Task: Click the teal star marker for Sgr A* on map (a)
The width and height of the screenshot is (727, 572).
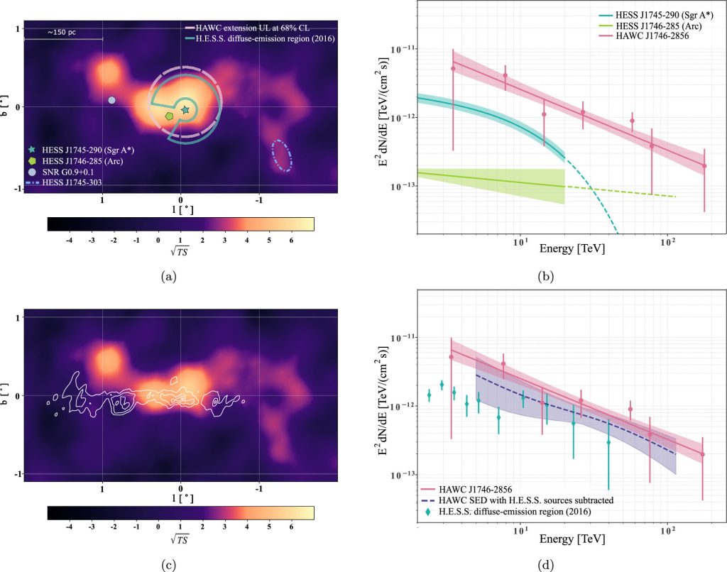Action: (x=185, y=109)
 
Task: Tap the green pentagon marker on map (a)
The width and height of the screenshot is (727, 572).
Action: (x=169, y=115)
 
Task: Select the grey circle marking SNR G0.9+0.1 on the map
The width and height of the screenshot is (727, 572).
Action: (x=111, y=100)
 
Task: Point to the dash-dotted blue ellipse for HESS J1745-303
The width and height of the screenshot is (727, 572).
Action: (x=282, y=155)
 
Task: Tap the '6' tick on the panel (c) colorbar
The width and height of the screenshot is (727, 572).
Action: (x=291, y=527)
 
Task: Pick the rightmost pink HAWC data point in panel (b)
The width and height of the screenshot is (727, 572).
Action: (x=704, y=165)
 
